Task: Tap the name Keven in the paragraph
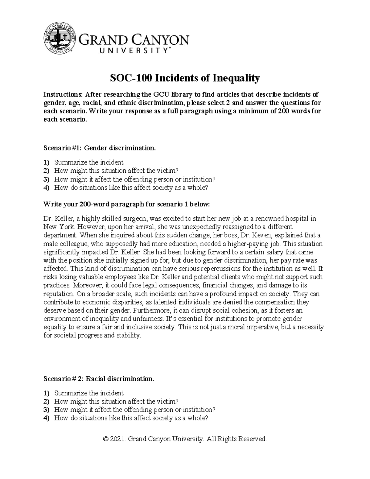point(263,235)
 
